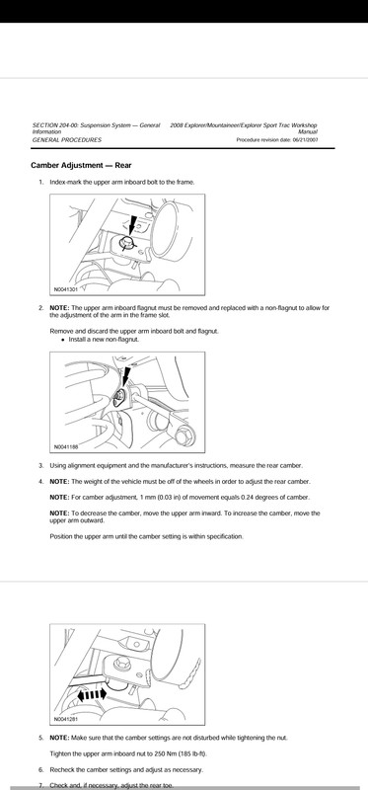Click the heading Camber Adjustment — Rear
pos(81,165)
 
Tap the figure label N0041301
pos(65,289)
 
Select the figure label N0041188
pos(66,446)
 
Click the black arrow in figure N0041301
pos(132,224)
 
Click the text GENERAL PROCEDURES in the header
pos(66,140)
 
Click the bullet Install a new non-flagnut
pos(104,339)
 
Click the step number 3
pos(41,465)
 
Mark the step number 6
pos(41,770)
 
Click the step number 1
pos(41,182)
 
